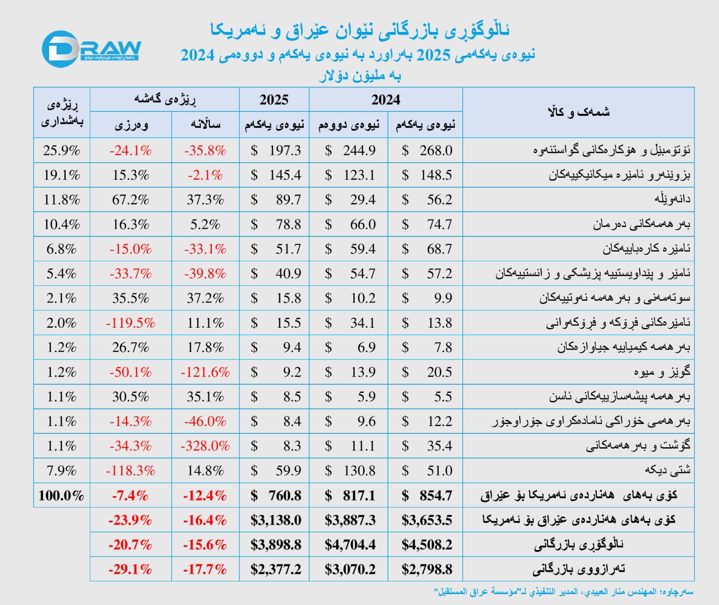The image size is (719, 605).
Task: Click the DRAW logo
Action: click(x=91, y=49)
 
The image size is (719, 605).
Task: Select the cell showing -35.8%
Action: click(x=205, y=150)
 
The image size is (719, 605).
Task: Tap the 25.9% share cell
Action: click(x=62, y=150)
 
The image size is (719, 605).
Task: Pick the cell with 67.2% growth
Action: click(x=130, y=200)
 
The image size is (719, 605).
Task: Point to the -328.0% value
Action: click(x=205, y=446)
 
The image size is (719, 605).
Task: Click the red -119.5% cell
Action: click(x=130, y=323)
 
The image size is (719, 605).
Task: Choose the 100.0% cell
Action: click(x=62, y=495)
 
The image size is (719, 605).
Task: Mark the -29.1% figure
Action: click(x=130, y=569)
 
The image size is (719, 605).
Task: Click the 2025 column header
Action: click(x=274, y=99)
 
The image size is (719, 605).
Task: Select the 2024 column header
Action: click(x=386, y=99)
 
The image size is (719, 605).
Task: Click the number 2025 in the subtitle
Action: click(x=433, y=55)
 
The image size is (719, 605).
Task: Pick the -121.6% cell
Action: click(x=205, y=372)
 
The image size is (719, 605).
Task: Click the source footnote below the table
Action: click(x=564, y=592)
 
